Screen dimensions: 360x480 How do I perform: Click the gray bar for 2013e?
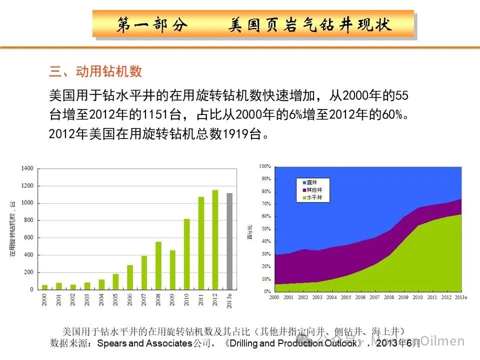(229, 241)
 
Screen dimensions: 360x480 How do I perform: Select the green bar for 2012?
(215, 239)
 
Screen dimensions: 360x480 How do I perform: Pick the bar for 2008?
(158, 265)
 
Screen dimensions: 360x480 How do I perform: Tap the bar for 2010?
(187, 254)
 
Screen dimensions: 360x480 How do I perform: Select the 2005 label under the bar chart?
(115, 299)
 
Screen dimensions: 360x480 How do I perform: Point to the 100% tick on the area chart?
(264, 166)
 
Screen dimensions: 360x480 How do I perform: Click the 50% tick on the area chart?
(265, 229)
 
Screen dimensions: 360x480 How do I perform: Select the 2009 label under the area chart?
(403, 298)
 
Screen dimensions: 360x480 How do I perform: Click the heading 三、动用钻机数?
(95, 71)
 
